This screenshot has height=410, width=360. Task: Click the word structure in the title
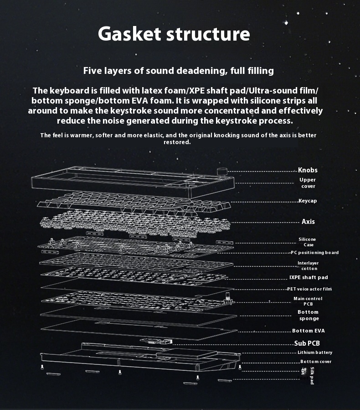coord(208,34)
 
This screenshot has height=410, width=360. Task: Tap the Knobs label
coord(308,170)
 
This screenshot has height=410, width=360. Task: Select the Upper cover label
coord(308,183)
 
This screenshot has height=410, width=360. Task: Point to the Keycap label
coord(308,201)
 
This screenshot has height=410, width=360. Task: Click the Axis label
coord(308,222)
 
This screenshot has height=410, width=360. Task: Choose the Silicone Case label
coord(307,242)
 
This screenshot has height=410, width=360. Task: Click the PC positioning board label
coord(315,253)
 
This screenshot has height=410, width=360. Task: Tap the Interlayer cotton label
coord(308,266)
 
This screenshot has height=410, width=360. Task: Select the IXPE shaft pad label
coord(309,277)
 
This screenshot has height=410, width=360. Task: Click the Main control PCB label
coord(308,301)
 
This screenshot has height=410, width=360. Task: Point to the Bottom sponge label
coord(308,315)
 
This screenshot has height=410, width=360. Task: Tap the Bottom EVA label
coord(309,331)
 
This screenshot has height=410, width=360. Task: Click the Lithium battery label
coord(315,353)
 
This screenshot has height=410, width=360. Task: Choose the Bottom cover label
coord(316,362)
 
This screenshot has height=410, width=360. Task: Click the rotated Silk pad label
coord(312,375)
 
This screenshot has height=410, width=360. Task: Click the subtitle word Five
coord(93,71)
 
